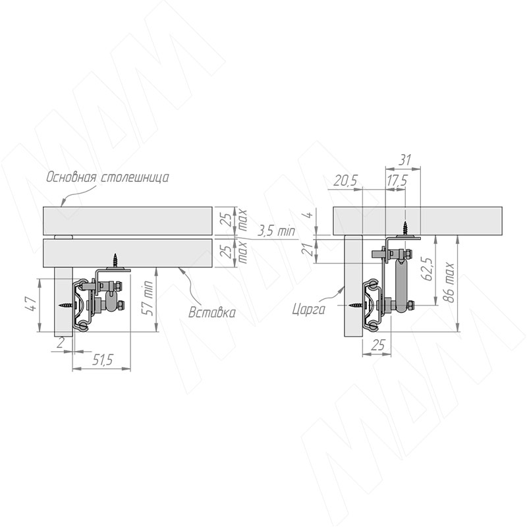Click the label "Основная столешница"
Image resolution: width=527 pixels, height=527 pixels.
[x=107, y=177]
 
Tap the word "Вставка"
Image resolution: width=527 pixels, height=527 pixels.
[x=211, y=312]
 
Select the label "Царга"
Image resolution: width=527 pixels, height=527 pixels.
[x=309, y=309]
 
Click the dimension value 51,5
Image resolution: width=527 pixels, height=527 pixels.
[x=103, y=360]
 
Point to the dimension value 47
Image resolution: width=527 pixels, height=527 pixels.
[x=32, y=304]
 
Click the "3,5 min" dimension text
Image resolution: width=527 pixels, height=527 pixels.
[x=276, y=231]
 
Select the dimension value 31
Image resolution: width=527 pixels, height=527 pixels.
[x=404, y=160]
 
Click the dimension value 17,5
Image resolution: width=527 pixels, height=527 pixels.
[x=397, y=180]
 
